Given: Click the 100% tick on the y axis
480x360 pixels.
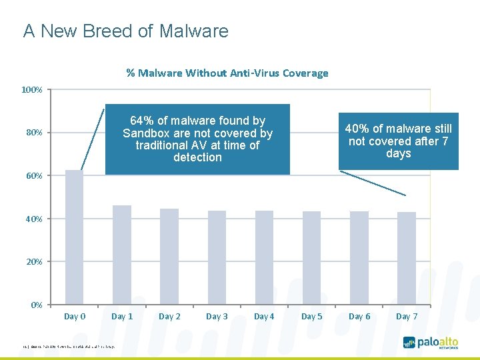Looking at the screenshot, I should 32,89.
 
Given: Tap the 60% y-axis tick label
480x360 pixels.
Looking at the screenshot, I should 34,176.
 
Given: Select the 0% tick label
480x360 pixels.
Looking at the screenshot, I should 37,305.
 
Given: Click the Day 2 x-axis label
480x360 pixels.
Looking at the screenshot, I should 169,317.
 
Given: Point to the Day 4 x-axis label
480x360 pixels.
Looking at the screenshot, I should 264,317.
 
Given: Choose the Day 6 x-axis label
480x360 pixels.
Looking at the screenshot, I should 359,317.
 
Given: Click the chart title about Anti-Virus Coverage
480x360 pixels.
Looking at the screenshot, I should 227,73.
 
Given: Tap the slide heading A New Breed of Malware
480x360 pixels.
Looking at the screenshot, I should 125,31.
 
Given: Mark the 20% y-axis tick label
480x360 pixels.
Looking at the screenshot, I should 34,262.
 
